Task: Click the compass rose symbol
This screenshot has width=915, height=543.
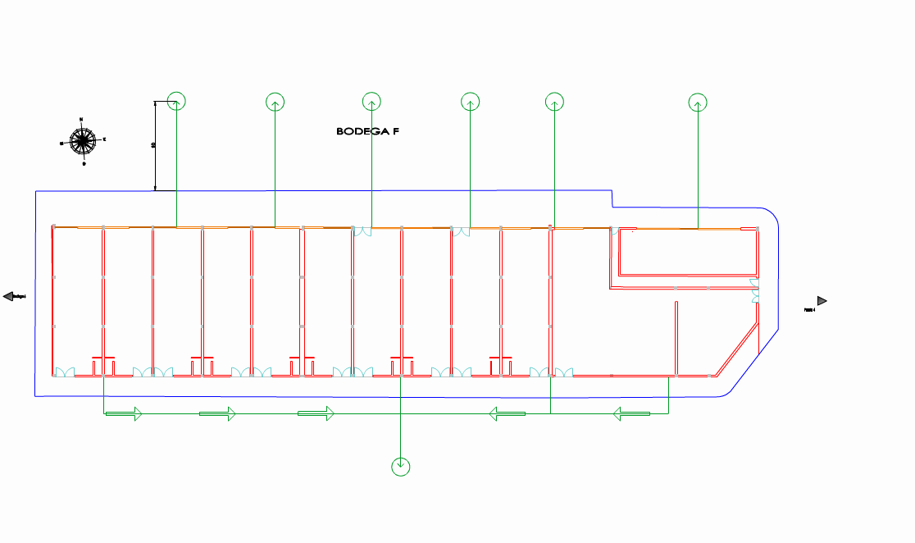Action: pos(83,140)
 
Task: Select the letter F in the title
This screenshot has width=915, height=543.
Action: pos(394,131)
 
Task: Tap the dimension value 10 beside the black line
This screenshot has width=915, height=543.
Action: pos(153,145)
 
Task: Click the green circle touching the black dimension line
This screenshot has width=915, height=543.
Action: pos(177,101)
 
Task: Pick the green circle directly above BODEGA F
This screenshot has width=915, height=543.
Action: pos(371,101)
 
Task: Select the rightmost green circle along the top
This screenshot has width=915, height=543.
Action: pos(698,103)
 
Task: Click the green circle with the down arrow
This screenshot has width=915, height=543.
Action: pos(400,467)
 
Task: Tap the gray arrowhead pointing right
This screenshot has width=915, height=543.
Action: pos(822,301)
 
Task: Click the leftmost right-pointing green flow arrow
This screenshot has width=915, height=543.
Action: pos(124,414)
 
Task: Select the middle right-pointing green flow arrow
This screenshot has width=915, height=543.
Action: pos(217,414)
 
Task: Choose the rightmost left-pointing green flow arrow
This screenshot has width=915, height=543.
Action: pos(631,414)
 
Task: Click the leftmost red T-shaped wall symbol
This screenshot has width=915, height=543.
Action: pos(103,358)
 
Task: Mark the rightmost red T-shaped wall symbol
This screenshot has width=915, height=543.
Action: pos(500,358)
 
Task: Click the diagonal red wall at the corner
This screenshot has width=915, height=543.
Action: pos(736,349)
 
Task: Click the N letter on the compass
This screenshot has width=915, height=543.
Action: pos(81,119)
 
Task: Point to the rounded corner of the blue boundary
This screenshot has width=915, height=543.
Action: pos(772,214)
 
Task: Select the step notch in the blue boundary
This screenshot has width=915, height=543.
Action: pos(612,199)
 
